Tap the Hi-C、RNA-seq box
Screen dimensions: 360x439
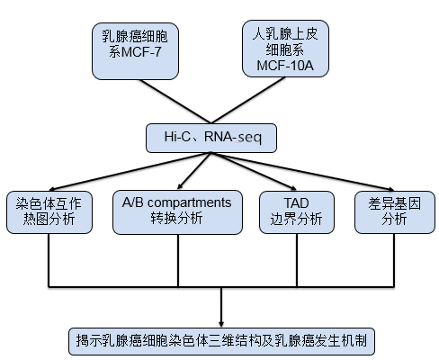coord(211,137)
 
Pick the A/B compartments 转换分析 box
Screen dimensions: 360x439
coord(176,211)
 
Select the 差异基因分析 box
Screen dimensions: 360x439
coord(393,211)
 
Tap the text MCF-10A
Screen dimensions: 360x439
coord(287,66)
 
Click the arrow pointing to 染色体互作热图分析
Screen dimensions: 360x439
coord(126,171)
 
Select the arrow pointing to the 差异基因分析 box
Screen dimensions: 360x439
coord(297,171)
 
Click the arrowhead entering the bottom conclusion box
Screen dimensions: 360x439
coord(221,322)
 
